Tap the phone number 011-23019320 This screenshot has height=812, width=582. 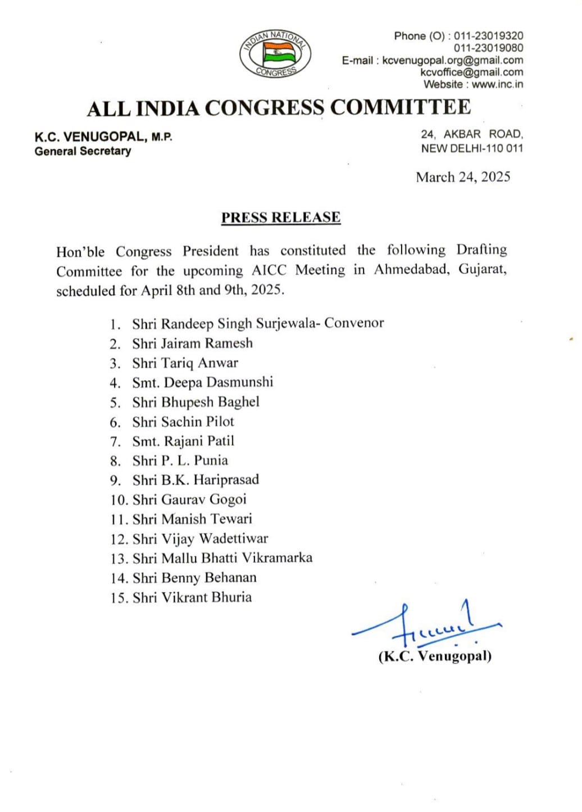tap(488, 36)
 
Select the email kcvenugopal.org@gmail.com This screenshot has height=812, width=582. tap(452, 60)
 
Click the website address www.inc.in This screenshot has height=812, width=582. tap(497, 84)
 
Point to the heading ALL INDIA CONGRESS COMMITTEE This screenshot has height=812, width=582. tap(279, 108)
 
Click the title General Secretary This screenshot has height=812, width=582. tap(83, 151)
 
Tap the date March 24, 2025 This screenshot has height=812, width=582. tap(463, 177)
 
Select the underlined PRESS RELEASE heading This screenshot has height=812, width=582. tap(281, 217)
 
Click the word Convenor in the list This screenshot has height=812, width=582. tap(354, 323)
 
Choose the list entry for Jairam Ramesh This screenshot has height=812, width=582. tap(193, 343)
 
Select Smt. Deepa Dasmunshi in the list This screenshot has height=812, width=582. tap(202, 382)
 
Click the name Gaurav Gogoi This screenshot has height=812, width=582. tap(203, 499)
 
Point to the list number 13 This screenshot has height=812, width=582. tap(119, 559)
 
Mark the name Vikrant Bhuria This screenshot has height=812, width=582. tap(206, 597)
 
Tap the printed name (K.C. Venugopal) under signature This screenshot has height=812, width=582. tap(435, 656)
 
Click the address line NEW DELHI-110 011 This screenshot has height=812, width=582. tap(472, 148)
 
